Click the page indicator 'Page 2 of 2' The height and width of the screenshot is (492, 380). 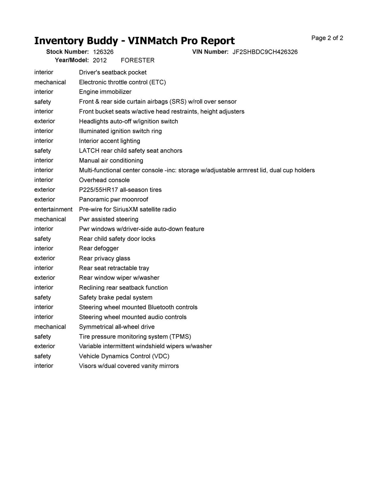327,38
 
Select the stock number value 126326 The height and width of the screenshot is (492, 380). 103,52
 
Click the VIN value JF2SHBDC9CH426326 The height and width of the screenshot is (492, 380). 265,52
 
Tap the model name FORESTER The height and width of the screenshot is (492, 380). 137,60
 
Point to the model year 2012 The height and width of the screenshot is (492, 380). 100,60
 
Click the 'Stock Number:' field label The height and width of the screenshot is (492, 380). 67,52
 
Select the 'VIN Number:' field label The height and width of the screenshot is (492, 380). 210,52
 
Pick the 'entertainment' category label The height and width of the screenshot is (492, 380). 53,209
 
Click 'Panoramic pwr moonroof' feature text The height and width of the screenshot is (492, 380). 113,200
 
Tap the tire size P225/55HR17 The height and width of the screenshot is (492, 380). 98,190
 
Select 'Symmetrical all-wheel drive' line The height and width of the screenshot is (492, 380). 117,327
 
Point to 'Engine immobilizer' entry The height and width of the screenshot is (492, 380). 105,92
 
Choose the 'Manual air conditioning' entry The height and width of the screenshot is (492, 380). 111,161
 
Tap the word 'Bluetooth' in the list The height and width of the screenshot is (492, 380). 162,307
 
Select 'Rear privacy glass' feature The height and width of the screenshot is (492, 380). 104,258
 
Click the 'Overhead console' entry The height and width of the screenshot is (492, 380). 104,180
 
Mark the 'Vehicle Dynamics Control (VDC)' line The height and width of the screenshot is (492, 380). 124,356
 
